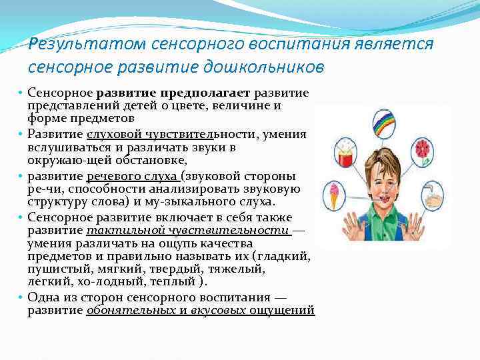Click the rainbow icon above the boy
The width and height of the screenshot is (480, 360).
click(385, 125)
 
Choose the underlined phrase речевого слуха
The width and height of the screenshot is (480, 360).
click(133, 176)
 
